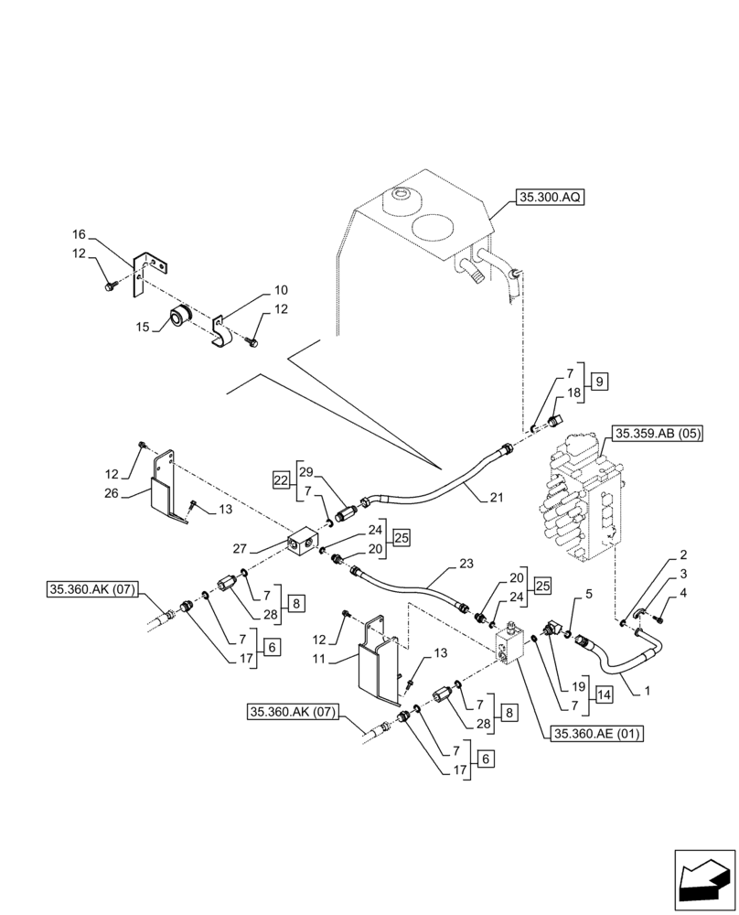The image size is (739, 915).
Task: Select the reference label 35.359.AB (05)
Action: [658, 434]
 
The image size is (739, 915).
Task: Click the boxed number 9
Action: [599, 382]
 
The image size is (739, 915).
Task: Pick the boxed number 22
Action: [282, 479]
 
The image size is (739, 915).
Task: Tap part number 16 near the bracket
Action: [80, 235]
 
